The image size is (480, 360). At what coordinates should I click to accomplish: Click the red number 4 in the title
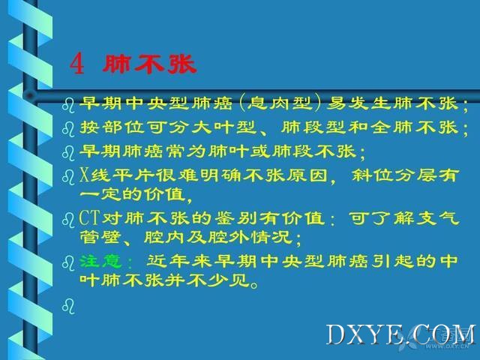coord(76,64)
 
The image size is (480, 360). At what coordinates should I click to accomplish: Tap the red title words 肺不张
coord(149,64)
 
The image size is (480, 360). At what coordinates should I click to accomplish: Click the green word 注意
coord(100,261)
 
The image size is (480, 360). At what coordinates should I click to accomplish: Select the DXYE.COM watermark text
coord(401,335)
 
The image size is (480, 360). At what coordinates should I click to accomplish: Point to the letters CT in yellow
coord(90,217)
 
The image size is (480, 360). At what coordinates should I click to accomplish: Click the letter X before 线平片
coord(84,175)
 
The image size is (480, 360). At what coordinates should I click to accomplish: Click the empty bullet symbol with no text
coord(68,306)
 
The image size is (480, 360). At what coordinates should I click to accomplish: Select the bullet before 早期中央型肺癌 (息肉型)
coord(68,105)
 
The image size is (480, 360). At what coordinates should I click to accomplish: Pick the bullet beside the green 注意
coord(68,263)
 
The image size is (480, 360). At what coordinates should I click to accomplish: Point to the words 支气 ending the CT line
coord(438,218)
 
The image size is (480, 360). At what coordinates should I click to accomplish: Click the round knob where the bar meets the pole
coord(30,96)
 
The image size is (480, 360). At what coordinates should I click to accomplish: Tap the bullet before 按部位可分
coord(68,128)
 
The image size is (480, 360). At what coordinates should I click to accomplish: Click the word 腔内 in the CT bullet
coord(164,237)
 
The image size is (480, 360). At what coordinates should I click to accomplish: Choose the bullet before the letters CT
coord(68,220)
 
